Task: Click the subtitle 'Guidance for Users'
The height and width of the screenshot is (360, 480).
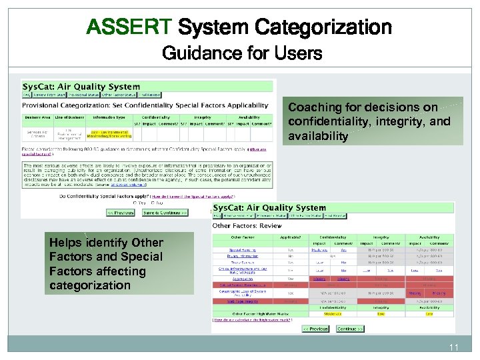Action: coord(241,53)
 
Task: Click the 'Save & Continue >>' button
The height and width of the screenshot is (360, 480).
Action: coord(165,212)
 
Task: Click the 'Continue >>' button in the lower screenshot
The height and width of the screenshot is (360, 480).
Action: coord(350,329)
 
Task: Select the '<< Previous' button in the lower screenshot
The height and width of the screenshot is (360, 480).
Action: coord(315,329)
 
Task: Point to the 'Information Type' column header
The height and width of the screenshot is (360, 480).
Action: coord(109,117)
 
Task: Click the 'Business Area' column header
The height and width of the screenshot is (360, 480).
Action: coord(38,117)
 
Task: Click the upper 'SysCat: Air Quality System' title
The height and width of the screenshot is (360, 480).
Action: coord(81,86)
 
